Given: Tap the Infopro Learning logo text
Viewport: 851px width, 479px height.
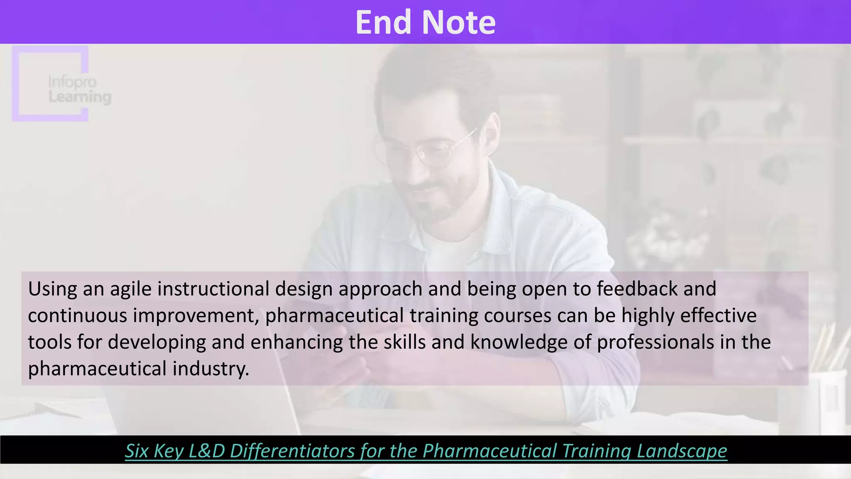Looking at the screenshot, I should click(79, 89).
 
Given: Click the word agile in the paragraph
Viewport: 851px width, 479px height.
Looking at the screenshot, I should click(130, 289).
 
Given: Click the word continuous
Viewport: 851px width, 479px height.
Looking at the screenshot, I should click(77, 316).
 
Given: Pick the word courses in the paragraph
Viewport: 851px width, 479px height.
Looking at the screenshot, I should click(517, 316).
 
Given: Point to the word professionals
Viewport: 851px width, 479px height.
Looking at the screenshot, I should click(655, 342).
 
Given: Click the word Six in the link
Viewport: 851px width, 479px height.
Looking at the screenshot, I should click(137, 451).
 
